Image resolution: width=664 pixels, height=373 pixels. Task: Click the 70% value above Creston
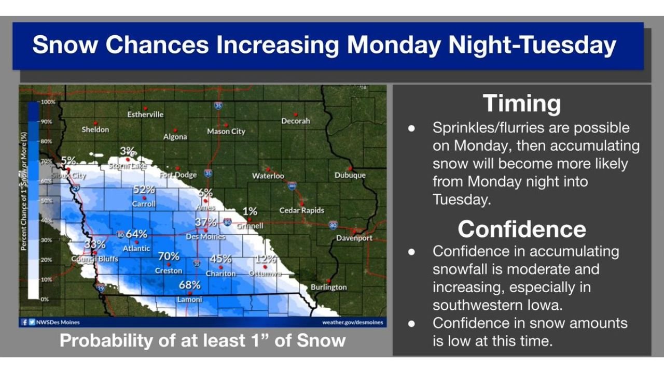[169, 256]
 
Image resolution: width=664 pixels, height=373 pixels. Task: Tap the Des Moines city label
[205, 237]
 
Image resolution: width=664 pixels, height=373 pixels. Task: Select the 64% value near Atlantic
[136, 234]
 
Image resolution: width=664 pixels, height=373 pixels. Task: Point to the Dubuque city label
[350, 176]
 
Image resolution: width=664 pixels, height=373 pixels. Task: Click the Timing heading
[521, 103]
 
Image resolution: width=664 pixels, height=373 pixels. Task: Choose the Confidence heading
[521, 228]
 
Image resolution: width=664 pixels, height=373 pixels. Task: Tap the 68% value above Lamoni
[189, 285]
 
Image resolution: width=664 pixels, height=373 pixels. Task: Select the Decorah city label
[295, 121]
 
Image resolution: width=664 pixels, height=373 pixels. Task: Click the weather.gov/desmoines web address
[353, 322]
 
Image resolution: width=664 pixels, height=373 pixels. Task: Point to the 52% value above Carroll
[144, 190]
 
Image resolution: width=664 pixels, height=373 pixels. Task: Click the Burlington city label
[328, 287]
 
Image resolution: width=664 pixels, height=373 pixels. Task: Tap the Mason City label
[226, 132]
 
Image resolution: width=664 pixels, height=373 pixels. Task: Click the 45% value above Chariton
[220, 259]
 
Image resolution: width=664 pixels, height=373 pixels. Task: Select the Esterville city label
[145, 114]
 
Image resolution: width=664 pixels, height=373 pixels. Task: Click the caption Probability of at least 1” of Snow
[202, 340]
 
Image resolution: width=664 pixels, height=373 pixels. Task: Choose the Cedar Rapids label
[301, 210]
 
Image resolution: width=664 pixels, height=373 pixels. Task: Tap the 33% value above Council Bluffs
[95, 245]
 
